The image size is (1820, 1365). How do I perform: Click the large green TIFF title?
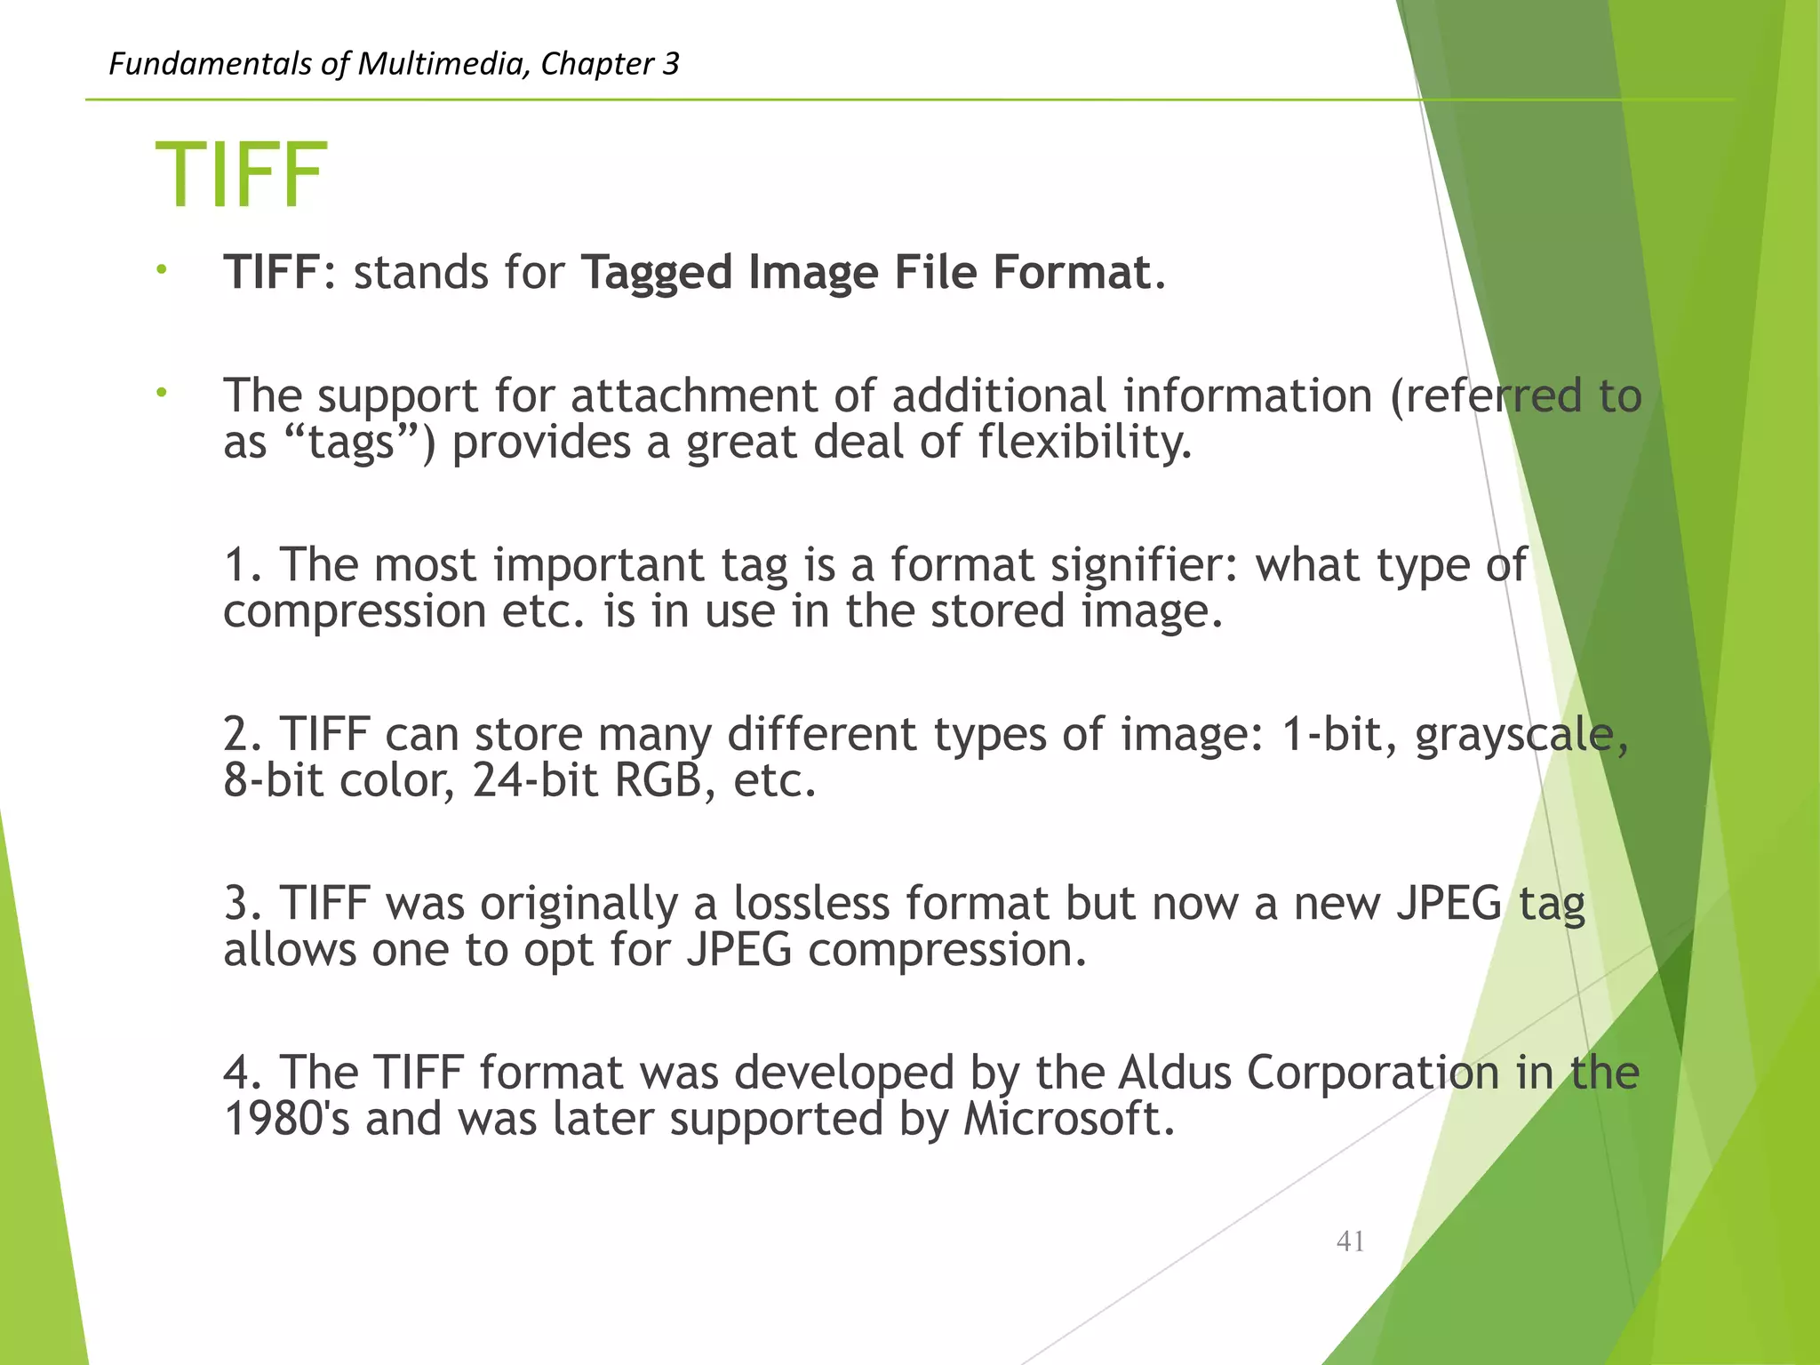[241, 176]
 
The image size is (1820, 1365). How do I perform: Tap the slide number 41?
[1350, 1241]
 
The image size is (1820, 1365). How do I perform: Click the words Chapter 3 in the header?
[610, 64]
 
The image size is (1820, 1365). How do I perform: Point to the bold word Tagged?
[657, 273]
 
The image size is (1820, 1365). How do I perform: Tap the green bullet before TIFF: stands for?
[161, 269]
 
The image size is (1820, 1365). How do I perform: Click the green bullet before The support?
[161, 392]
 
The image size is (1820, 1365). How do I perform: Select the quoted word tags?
[351, 443]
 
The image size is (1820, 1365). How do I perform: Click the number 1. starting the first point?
[243, 565]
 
